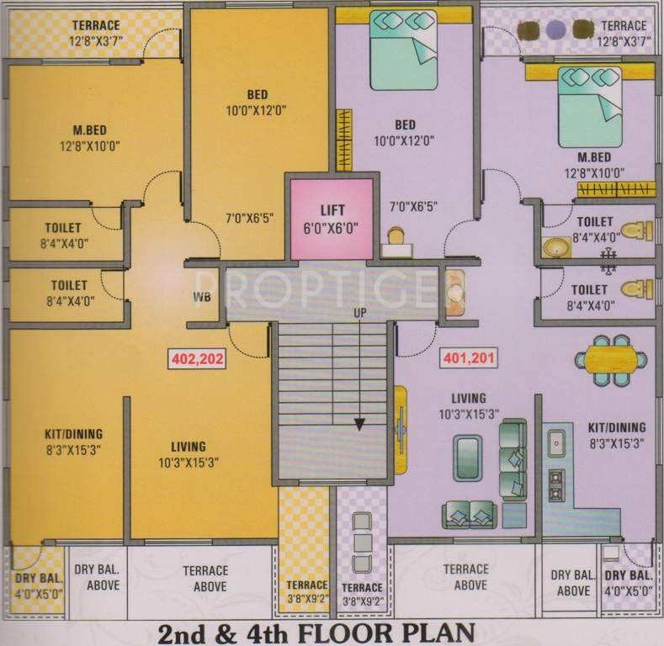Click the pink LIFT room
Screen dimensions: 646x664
tap(332, 218)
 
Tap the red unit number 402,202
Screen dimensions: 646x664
tap(197, 357)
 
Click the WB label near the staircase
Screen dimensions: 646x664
tap(201, 297)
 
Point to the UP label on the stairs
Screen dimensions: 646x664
tap(359, 314)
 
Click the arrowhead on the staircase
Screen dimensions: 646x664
tap(359, 423)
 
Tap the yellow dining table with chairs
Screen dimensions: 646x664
tap(611, 361)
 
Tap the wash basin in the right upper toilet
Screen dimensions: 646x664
tap(555, 247)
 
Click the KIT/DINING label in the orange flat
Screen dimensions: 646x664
tap(73, 435)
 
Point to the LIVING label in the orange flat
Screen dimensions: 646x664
tap(189, 447)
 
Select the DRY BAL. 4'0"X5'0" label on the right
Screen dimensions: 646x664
tap(629, 583)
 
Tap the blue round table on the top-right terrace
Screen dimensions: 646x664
tap(555, 30)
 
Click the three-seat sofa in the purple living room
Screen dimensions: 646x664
tap(512, 461)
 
